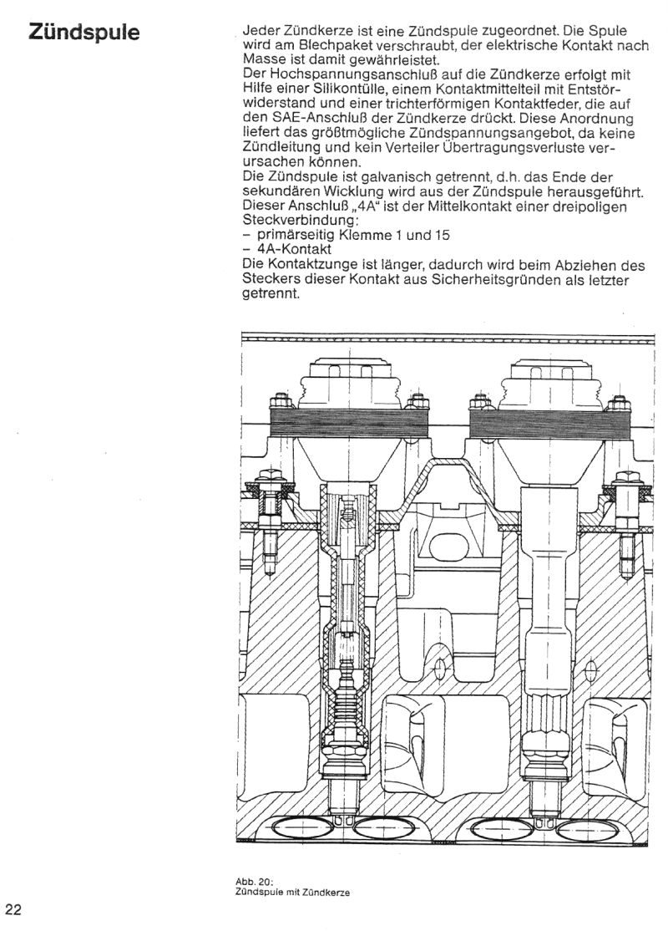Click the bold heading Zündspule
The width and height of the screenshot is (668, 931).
click(x=84, y=32)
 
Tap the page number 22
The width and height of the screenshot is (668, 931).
click(x=13, y=909)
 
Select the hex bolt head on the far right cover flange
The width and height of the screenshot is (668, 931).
click(x=627, y=477)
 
